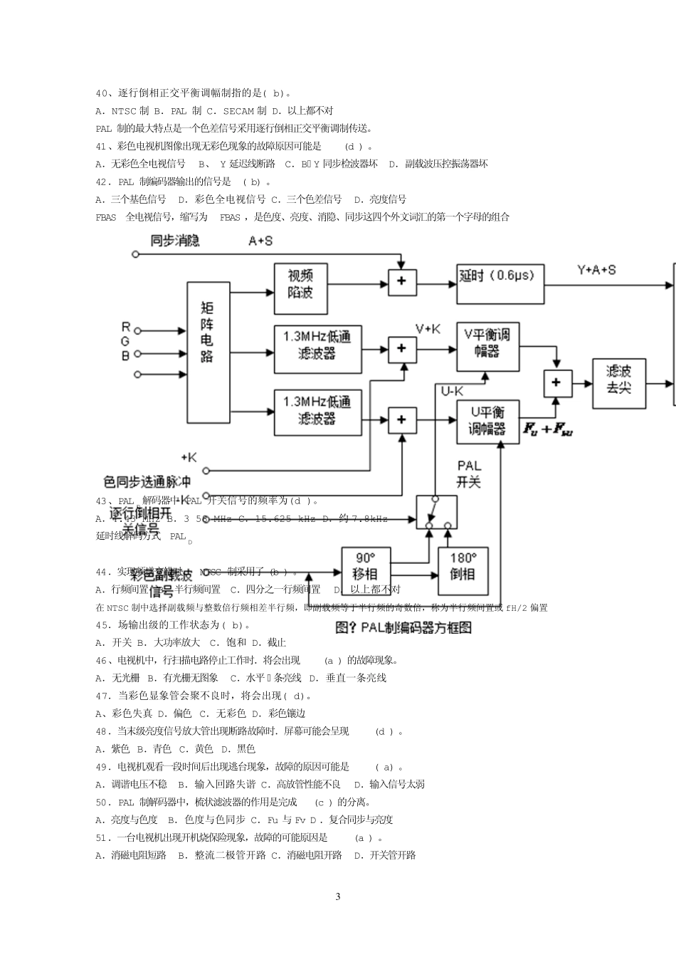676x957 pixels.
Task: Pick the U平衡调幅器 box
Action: (x=487, y=421)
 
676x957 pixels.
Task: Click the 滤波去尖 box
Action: (x=619, y=383)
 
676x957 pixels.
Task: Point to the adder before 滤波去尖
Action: (x=556, y=383)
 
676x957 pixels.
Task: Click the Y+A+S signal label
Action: (x=596, y=270)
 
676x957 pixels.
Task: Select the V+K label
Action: (x=428, y=328)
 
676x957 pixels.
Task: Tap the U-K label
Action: (x=452, y=391)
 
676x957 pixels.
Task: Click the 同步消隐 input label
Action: (x=175, y=241)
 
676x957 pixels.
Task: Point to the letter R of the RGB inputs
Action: (x=126, y=327)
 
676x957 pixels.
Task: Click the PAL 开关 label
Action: (x=469, y=474)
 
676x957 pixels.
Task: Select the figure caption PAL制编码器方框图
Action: (x=403, y=627)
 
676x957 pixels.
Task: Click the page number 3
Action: (x=338, y=896)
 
